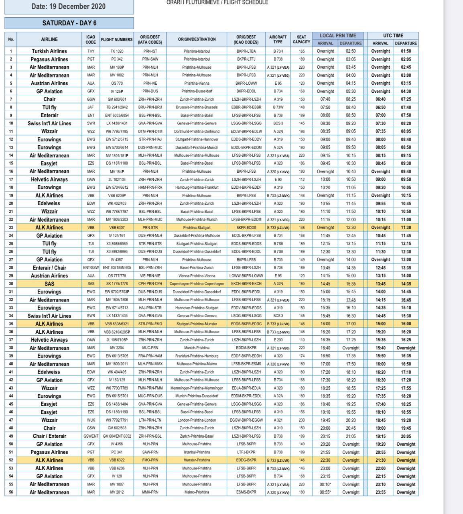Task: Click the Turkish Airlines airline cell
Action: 49,51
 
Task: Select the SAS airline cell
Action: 49,284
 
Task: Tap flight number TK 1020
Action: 117,51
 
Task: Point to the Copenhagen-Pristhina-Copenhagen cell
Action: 197,284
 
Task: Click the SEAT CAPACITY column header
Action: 301,39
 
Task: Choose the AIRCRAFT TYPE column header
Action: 278,39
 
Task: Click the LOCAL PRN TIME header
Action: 338,35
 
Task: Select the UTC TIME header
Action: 393,35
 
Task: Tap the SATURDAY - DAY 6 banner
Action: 69,23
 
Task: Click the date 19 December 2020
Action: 69,6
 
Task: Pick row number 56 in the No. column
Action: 11,492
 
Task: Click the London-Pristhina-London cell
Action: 197,420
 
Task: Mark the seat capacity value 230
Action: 301,420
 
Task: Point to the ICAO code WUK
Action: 91,420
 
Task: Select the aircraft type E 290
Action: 278,340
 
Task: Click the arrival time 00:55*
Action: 325,492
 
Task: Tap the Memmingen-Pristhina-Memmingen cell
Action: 197,388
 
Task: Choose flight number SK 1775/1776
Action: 117,284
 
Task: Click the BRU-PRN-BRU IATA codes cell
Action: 150,107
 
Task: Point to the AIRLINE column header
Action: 49,39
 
